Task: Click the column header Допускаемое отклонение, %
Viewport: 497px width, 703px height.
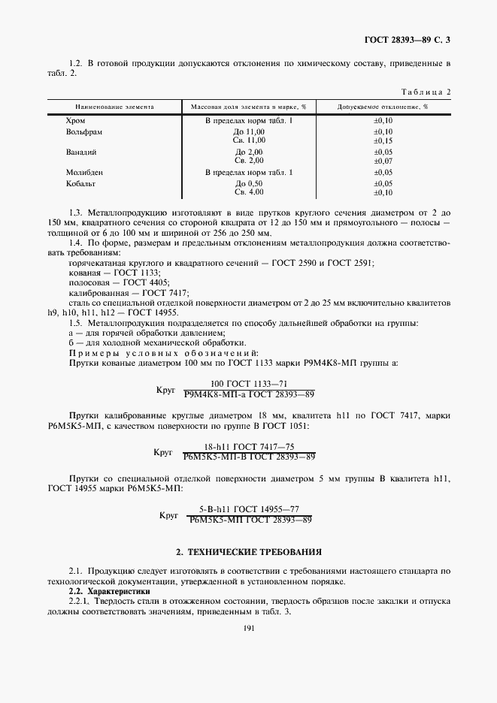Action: (x=383, y=107)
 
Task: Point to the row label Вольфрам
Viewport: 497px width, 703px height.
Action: (x=83, y=131)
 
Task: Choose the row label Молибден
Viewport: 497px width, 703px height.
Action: (x=84, y=172)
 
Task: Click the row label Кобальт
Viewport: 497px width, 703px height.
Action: (x=81, y=183)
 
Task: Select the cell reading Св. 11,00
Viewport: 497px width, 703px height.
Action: (x=250, y=140)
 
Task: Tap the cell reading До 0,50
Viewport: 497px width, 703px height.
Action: (x=250, y=183)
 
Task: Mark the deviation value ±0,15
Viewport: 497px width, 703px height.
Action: (x=383, y=140)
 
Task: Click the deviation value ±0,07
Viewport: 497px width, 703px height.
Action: (x=383, y=160)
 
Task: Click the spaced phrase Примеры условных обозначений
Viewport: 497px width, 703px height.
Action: (x=164, y=352)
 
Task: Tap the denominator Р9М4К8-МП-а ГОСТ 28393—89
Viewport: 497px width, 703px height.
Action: (x=249, y=393)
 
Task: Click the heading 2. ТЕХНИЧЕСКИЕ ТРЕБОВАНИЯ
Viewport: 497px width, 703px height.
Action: (x=248, y=551)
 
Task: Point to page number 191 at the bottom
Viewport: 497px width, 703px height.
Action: (x=249, y=629)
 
